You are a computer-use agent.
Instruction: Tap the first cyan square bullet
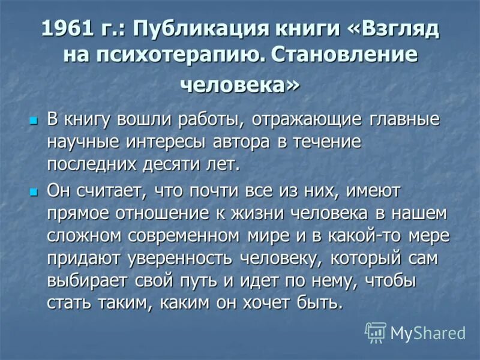tap(34, 119)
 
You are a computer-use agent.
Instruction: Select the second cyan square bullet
tap(34, 193)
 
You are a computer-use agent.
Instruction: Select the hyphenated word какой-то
tap(356, 236)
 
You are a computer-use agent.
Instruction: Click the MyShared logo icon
tap(376, 332)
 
